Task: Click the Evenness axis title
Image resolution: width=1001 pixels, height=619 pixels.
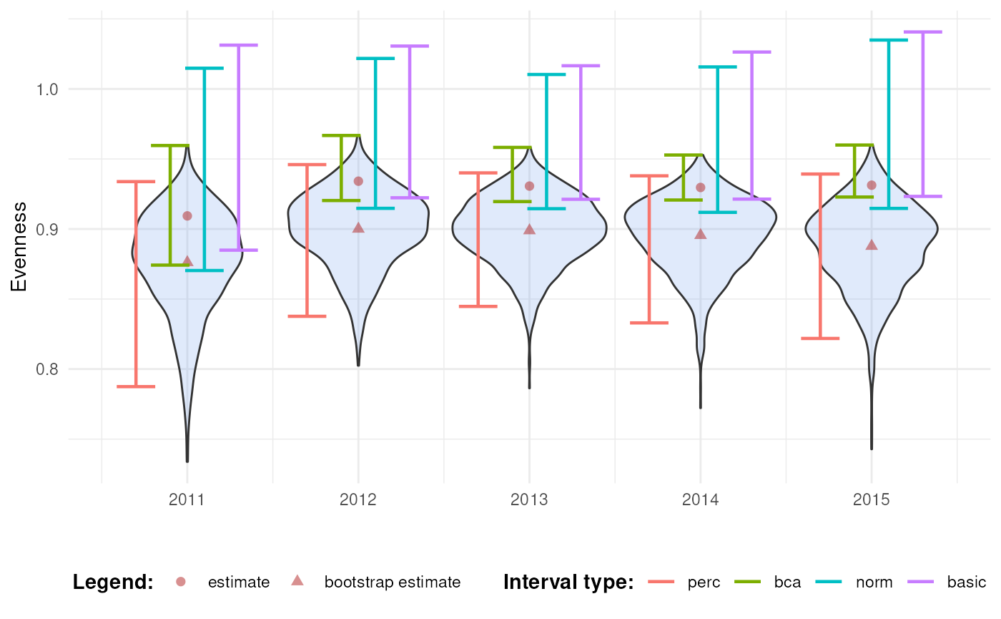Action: click(19, 247)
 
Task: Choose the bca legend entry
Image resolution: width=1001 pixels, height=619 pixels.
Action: click(787, 582)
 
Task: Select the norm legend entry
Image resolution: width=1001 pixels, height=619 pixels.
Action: click(874, 582)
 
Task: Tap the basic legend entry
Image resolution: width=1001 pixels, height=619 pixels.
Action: click(967, 582)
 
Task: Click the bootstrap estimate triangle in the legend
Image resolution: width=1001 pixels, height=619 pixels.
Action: click(297, 581)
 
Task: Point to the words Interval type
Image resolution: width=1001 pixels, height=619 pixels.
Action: click(568, 582)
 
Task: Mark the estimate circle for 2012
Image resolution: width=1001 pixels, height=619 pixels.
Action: click(358, 181)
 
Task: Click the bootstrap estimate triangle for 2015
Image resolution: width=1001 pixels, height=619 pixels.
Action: click(871, 245)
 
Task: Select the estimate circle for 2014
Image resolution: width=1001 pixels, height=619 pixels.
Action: click(700, 187)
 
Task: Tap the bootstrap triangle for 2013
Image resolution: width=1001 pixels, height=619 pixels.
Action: click(529, 230)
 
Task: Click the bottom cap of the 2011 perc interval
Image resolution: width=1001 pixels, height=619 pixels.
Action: click(136, 386)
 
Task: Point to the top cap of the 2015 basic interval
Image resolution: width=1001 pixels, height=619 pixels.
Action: click(922, 32)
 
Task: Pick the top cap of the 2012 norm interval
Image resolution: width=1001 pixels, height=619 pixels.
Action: click(375, 59)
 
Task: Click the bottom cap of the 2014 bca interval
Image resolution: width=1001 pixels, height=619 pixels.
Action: click(684, 200)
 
